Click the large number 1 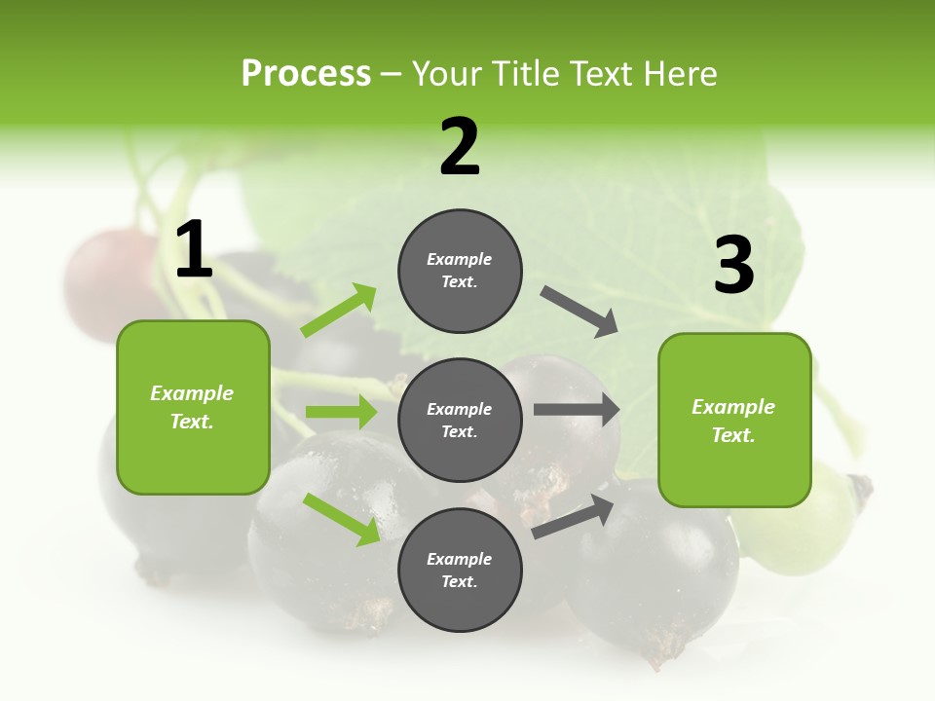tap(194, 250)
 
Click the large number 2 tap(460, 147)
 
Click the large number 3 tap(733, 266)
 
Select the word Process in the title tap(306, 73)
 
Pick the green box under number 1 tap(193, 407)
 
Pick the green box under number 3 tap(734, 421)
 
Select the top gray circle tap(460, 271)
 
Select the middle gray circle tap(460, 420)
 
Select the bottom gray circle tap(460, 570)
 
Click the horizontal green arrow tap(341, 412)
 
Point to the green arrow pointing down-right tap(341, 519)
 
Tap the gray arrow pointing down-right tap(580, 312)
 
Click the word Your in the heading tap(446, 74)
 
